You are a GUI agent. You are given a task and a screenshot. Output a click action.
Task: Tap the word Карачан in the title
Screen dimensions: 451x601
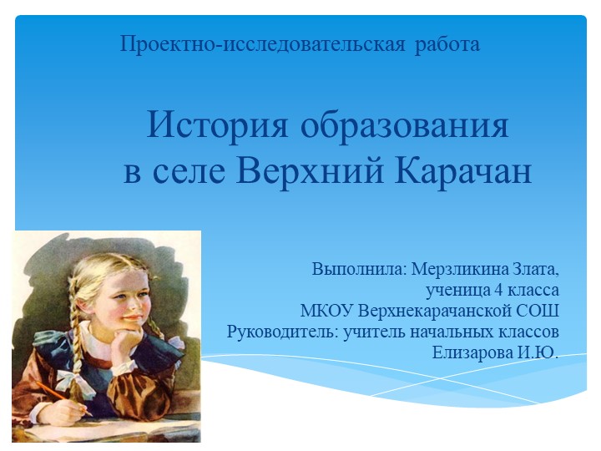point(462,170)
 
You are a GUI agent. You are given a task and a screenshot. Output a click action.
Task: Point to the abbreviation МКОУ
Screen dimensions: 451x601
point(327,312)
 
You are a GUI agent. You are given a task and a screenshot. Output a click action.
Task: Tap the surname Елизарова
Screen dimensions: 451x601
point(472,352)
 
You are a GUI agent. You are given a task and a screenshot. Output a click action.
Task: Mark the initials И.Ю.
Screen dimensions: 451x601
point(538,352)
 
